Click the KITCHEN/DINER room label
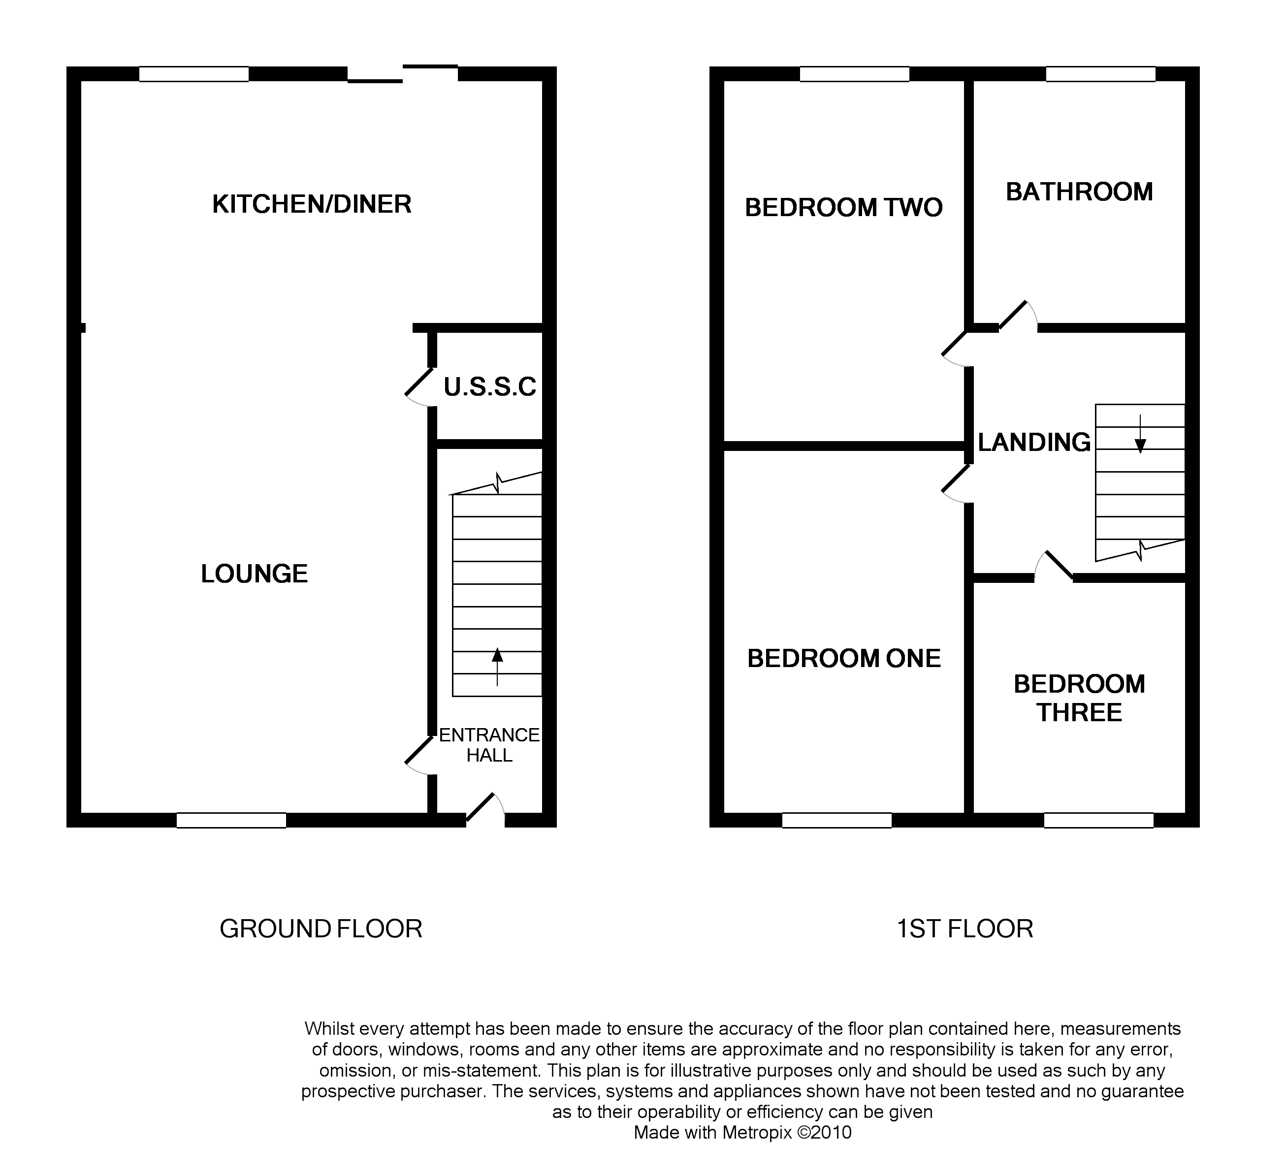click(312, 205)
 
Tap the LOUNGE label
click(254, 574)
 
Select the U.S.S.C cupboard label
click(490, 387)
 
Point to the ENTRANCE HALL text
click(489, 745)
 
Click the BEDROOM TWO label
click(844, 207)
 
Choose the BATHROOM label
click(1079, 192)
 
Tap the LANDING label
click(1034, 442)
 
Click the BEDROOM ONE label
click(844, 658)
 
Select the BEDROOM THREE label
click(1079, 698)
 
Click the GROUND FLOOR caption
click(321, 929)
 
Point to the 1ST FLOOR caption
click(965, 929)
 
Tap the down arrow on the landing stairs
click(1140, 434)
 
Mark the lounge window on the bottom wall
click(231, 820)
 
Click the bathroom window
click(1101, 74)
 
